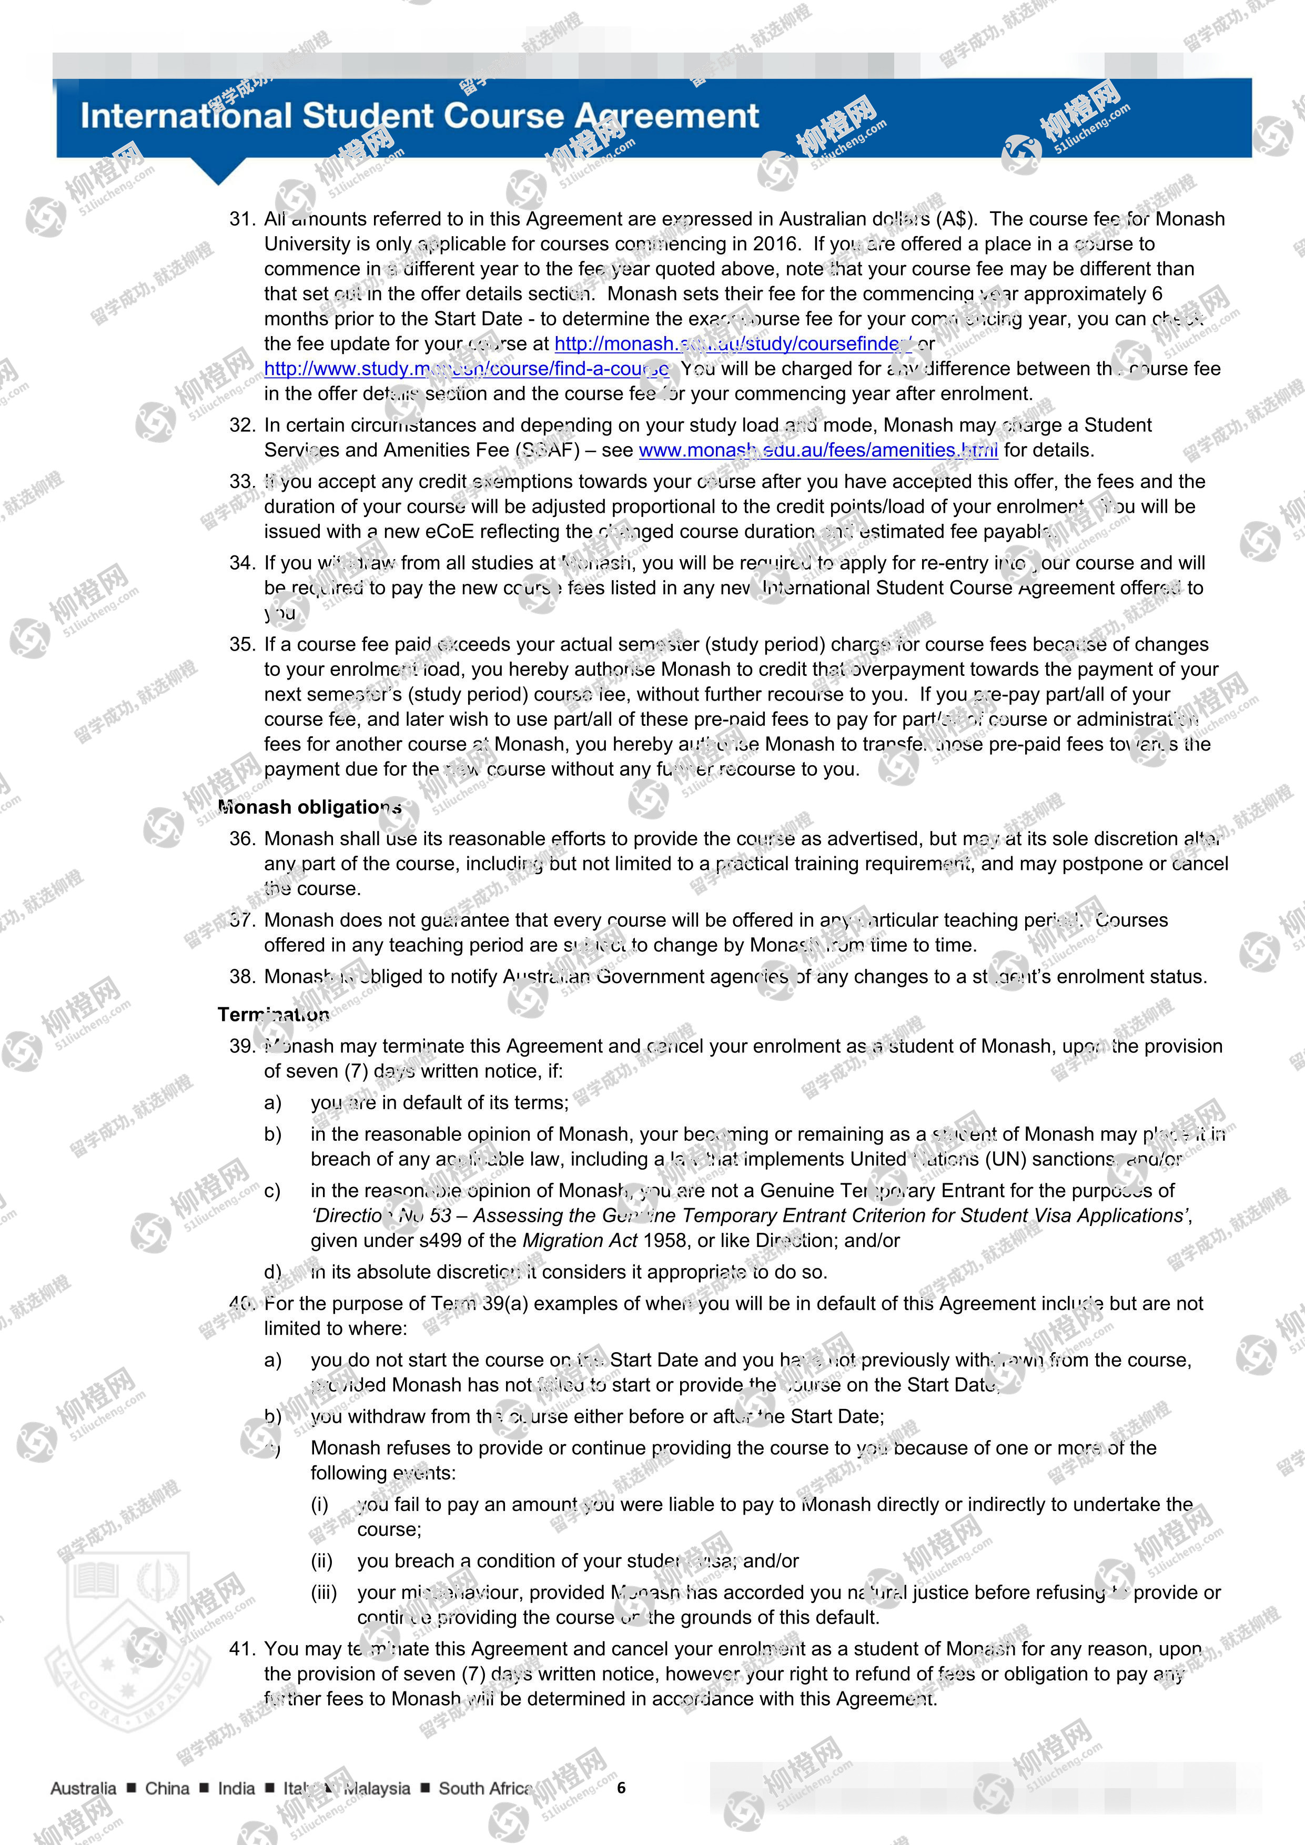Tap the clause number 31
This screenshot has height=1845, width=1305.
242,219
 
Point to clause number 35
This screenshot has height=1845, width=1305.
242,644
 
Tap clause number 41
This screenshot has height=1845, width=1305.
242,1649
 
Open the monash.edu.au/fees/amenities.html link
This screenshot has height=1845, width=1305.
818,450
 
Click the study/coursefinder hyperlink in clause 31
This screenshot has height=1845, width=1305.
733,344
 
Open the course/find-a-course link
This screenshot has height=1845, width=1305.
466,369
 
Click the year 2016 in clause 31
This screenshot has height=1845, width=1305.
775,244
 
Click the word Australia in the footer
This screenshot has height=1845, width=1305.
84,1789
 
